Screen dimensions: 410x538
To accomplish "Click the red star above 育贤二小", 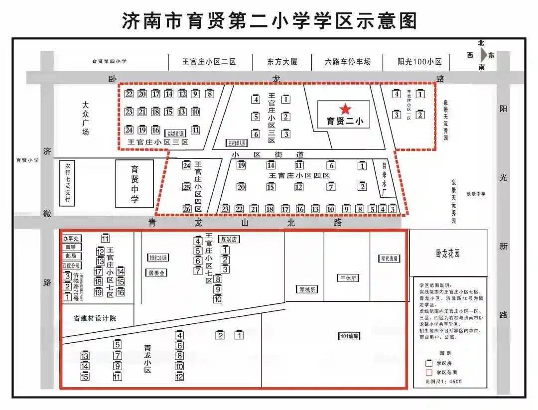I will (x=345, y=109).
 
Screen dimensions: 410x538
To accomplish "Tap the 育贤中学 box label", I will (x=134, y=184).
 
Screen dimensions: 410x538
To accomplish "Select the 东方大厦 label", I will (x=282, y=62).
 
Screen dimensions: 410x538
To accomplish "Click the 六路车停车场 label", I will (x=348, y=62).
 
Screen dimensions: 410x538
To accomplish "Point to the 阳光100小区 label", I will (x=419, y=62).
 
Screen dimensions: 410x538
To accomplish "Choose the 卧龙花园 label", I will (x=447, y=254).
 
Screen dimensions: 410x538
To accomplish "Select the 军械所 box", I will (x=307, y=289).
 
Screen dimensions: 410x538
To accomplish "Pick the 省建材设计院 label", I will (x=95, y=318).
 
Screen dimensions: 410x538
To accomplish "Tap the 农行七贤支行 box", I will (x=67, y=183).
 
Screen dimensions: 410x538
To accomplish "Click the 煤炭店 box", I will (x=229, y=239).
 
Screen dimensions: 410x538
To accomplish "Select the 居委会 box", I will (x=156, y=273).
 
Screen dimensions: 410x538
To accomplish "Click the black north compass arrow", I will (x=483, y=55).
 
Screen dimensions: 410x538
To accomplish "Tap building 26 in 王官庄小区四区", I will (x=187, y=209).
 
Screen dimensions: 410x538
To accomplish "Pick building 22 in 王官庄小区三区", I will (x=129, y=94).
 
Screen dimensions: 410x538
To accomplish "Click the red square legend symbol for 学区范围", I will (x=428, y=372).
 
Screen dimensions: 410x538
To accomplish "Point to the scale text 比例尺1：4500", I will (x=443, y=381).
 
